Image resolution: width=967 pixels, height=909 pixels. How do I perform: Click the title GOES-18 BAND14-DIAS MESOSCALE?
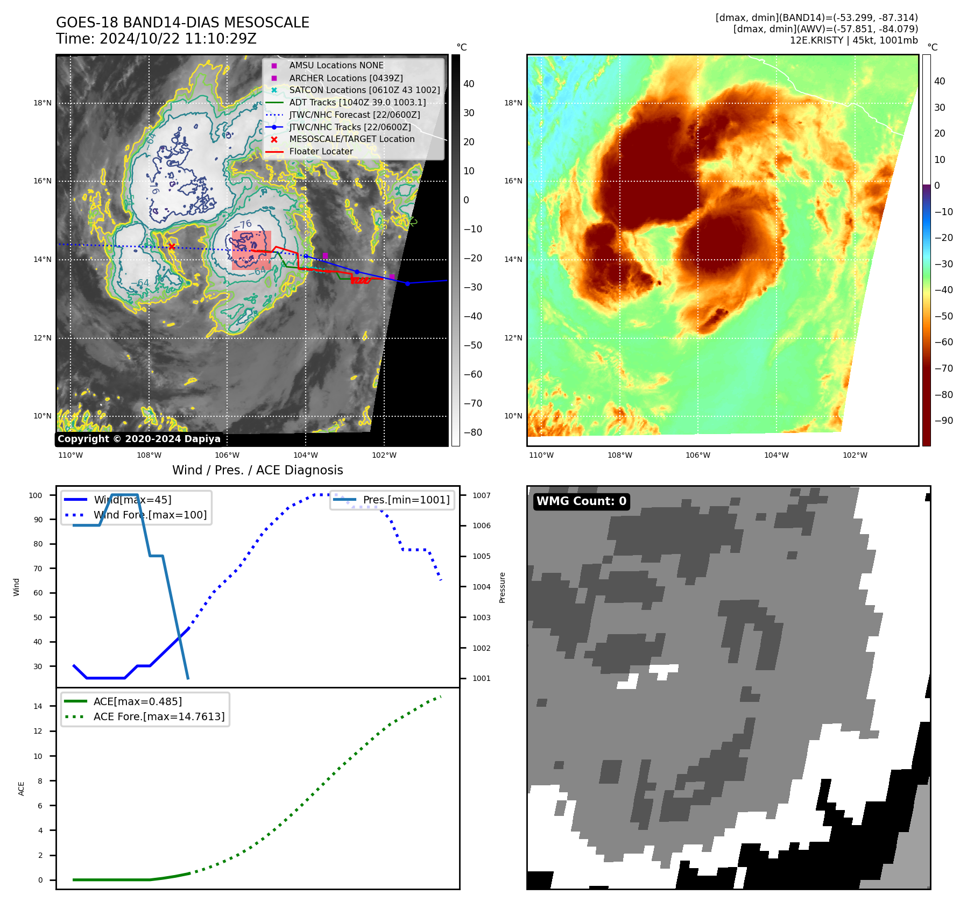(x=182, y=23)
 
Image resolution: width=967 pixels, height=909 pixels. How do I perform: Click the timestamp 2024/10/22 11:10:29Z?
(x=178, y=39)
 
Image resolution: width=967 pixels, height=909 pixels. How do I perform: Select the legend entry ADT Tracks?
(x=357, y=102)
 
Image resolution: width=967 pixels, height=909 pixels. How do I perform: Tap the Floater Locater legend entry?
(x=321, y=151)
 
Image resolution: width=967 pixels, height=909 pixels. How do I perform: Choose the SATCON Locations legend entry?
(x=364, y=90)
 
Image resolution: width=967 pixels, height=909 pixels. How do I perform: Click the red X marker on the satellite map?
(x=172, y=247)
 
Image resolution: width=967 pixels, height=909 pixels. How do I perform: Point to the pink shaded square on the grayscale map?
(x=251, y=250)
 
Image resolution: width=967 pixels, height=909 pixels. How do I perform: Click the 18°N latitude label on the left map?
(x=43, y=103)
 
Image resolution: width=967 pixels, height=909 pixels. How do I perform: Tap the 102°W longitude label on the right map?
(x=855, y=455)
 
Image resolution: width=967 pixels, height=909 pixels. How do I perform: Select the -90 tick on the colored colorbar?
(x=943, y=421)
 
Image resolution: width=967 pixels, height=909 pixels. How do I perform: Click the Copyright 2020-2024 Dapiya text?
(x=139, y=439)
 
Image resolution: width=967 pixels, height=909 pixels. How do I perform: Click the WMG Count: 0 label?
(x=581, y=501)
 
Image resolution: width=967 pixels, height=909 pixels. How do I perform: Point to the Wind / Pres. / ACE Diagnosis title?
(x=257, y=470)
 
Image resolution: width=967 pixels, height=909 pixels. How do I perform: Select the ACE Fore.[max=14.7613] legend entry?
(x=159, y=716)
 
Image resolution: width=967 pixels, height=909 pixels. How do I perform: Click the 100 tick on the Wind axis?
(x=36, y=495)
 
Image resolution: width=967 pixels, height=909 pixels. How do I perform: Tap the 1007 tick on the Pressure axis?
(x=482, y=495)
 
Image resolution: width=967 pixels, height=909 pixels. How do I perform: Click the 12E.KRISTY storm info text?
(x=853, y=40)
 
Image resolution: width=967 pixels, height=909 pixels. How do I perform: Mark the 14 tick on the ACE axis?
(x=38, y=706)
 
